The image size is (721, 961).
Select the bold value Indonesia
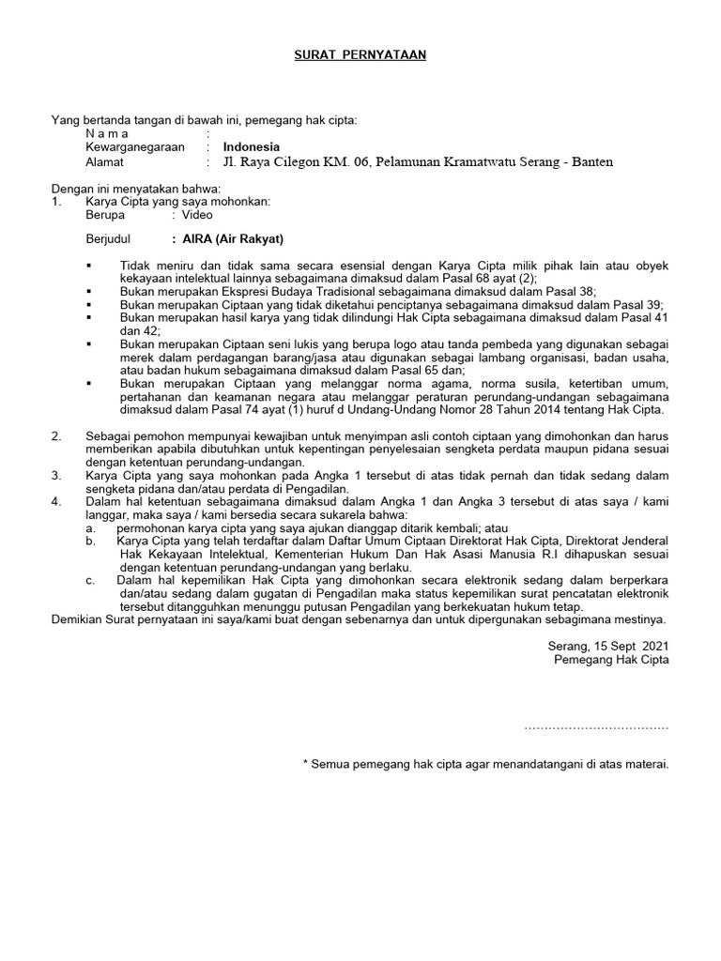pyautogui.click(x=251, y=147)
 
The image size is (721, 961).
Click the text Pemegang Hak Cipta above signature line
pyautogui.click(x=612, y=660)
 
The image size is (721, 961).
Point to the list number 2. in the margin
pyautogui.click(x=56, y=436)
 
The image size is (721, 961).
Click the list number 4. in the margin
pyautogui.click(x=56, y=502)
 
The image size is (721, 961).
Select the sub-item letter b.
pyautogui.click(x=89, y=542)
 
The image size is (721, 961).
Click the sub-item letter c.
pyautogui.click(x=89, y=580)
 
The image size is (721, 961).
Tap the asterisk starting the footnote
pyautogui.click(x=306, y=764)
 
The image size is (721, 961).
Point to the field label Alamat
pyautogui.click(x=104, y=161)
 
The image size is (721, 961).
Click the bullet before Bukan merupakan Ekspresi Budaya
pyautogui.click(x=89, y=292)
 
